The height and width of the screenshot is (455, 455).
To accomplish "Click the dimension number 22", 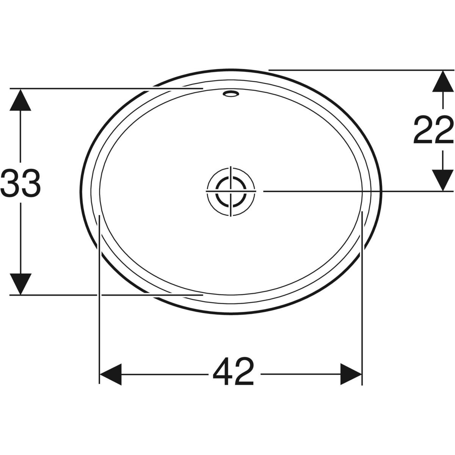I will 433,130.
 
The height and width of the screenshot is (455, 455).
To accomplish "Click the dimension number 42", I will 233,370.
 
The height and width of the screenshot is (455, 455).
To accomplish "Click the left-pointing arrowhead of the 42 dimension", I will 111,375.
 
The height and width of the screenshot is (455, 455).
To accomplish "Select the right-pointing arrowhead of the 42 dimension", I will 351,375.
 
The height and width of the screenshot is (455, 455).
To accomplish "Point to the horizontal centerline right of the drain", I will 341,191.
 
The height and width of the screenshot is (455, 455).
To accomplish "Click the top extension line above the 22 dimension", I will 360,70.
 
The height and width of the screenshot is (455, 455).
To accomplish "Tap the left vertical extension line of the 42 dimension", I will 99,303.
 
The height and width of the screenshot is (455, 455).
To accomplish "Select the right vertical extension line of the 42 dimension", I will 362,303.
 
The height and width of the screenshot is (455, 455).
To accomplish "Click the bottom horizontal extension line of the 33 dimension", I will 76,294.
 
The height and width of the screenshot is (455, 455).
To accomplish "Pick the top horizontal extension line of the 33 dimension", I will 76,88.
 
